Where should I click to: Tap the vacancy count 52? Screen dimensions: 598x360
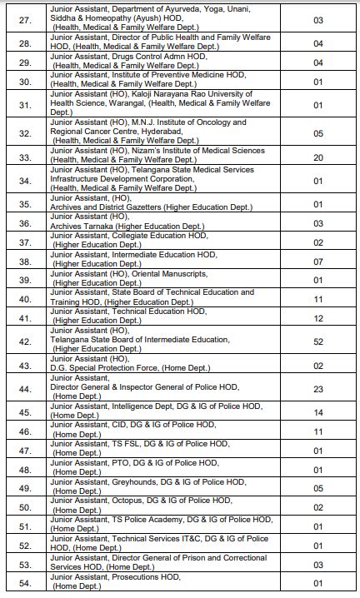coord(317,340)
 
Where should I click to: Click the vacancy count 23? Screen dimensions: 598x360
coord(317,388)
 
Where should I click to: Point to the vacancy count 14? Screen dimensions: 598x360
coord(317,411)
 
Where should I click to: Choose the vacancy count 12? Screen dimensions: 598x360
coord(317,318)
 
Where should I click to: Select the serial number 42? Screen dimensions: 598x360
coord(25,340)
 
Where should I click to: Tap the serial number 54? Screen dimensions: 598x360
coord(25,582)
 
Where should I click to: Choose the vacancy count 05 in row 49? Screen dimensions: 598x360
coord(317,488)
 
